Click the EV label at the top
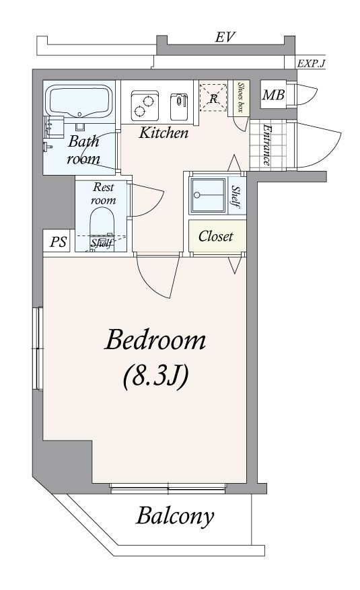click(225, 37)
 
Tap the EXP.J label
click(311, 63)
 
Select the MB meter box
click(273, 95)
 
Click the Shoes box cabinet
click(241, 98)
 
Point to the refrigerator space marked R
click(213, 98)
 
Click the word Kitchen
click(164, 133)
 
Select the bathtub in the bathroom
click(79, 100)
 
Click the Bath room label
click(83, 150)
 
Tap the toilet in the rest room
click(102, 228)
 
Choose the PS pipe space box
click(59, 241)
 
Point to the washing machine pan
click(209, 195)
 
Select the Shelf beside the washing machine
click(236, 196)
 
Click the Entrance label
click(266, 145)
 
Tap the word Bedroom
click(155, 340)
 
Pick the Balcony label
click(175, 516)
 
